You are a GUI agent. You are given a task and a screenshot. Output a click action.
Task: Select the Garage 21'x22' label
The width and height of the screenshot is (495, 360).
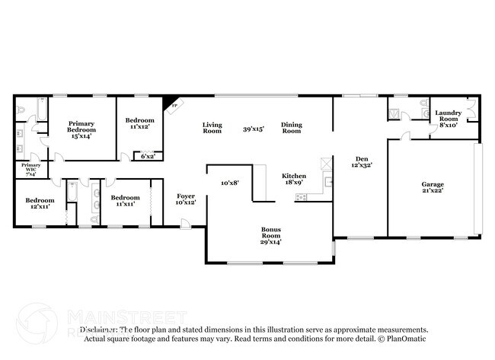pyautogui.click(x=433, y=188)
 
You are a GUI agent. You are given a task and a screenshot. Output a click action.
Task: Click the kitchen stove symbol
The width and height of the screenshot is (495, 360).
pyautogui.click(x=301, y=197)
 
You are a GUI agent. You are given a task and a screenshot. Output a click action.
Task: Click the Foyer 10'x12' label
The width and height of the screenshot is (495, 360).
pyautogui.click(x=186, y=199)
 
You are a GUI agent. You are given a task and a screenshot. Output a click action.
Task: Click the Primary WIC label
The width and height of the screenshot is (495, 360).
pyautogui.click(x=31, y=168)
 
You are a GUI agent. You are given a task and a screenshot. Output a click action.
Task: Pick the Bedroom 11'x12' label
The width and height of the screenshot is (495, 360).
pyautogui.click(x=139, y=124)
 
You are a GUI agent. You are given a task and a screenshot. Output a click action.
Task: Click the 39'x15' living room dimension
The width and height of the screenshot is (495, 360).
pyautogui.click(x=253, y=129)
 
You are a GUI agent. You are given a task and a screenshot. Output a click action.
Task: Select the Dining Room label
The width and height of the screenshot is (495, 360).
pyautogui.click(x=292, y=128)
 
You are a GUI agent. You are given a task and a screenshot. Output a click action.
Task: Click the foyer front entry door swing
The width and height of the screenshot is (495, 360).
pyautogui.click(x=185, y=222)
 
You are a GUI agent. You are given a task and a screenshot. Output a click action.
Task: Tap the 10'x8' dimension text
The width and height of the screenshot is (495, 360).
pyautogui.click(x=229, y=183)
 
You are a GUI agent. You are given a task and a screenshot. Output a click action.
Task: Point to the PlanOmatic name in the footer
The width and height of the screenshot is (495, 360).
pyautogui.click(x=410, y=339)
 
